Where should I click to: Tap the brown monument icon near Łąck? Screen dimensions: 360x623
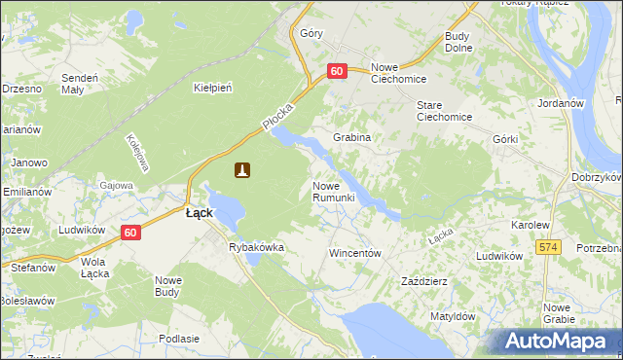[242, 170]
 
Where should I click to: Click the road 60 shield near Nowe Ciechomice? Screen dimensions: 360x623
[337, 71]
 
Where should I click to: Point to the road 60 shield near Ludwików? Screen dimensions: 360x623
[131, 233]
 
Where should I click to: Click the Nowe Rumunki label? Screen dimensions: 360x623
[338, 192]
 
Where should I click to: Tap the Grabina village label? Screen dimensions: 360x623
[352, 138]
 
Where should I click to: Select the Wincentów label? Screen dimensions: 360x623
[353, 252]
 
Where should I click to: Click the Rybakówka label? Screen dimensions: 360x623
[256, 247]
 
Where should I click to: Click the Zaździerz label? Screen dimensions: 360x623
[424, 281]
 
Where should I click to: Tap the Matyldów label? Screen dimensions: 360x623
[452, 316]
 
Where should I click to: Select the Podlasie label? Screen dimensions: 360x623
[178, 338]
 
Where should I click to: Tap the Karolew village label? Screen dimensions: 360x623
[531, 225]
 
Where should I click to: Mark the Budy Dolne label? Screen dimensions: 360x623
[458, 43]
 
